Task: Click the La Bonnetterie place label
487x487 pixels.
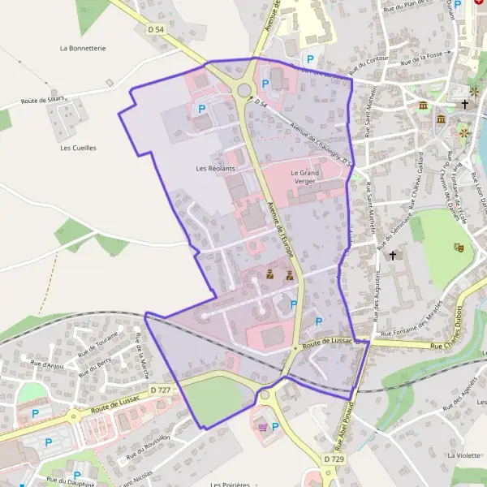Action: tap(83, 49)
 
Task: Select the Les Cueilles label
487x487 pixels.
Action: tap(78, 148)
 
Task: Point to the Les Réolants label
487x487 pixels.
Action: tap(215, 168)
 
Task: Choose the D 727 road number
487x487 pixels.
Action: tap(161, 390)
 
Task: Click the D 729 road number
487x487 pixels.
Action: tap(334, 459)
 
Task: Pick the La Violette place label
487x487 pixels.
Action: tap(463, 456)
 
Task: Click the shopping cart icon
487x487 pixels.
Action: tap(262, 427)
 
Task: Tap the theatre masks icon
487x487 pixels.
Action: tap(459, 245)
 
